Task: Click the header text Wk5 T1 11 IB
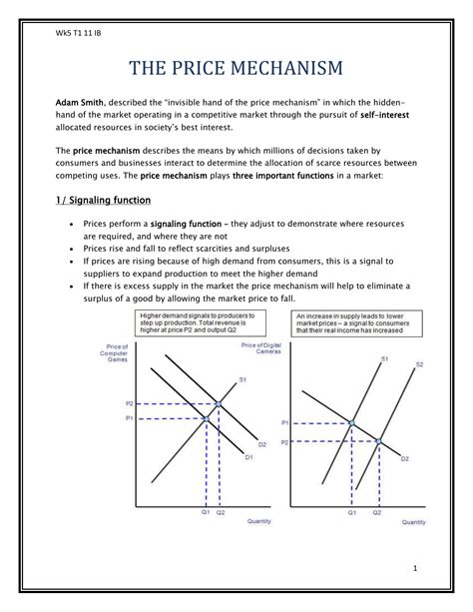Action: [x=77, y=34]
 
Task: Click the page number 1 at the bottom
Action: [x=411, y=567]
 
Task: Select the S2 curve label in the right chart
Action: [x=420, y=364]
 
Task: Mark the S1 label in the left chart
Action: [x=241, y=379]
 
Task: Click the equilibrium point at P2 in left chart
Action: [x=220, y=404]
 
